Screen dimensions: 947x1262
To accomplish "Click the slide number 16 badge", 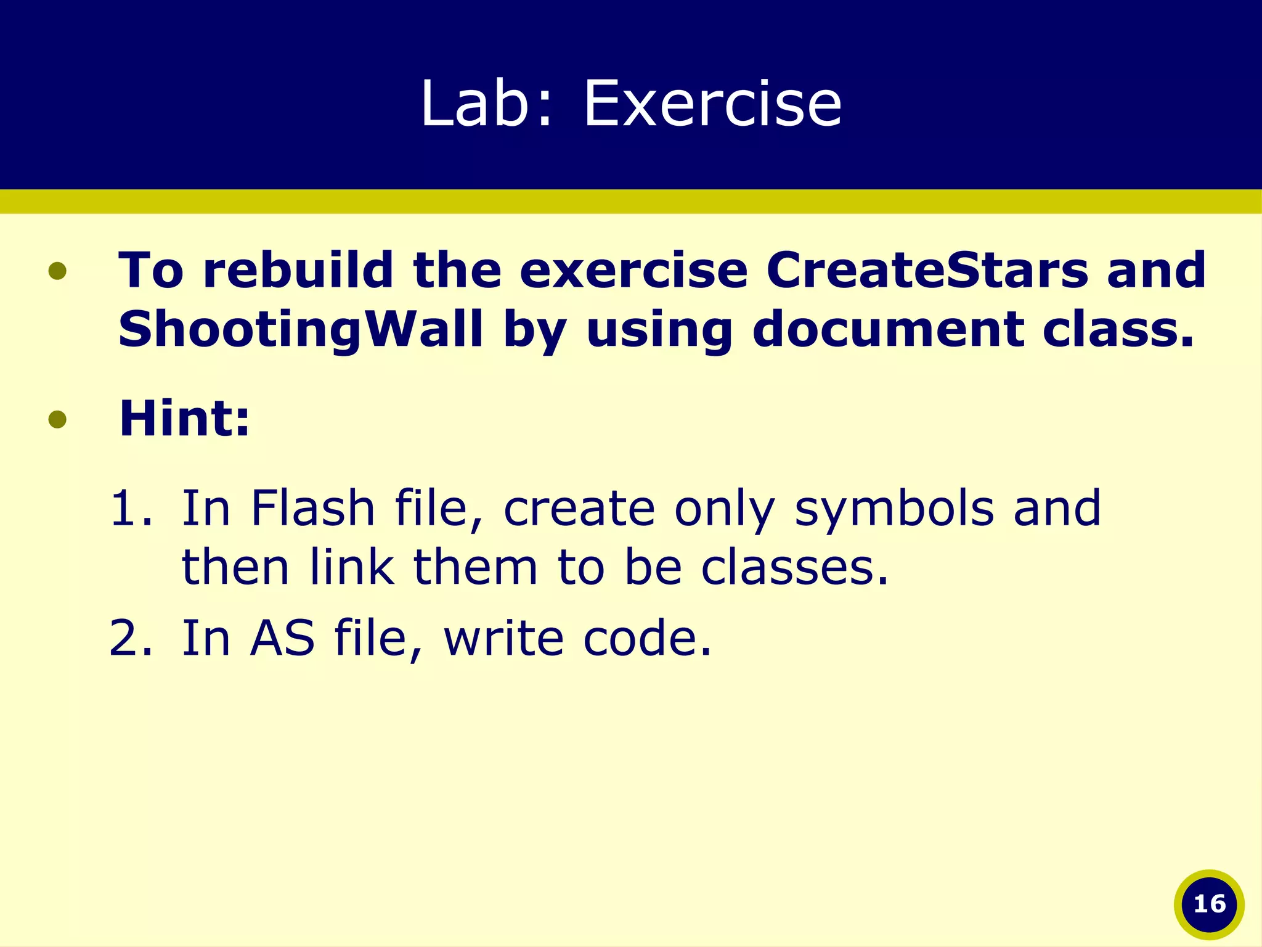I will pyautogui.click(x=1209, y=904).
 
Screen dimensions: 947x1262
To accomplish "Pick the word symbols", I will pyautogui.click(x=894, y=509).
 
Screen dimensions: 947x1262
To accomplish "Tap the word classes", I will pyautogui.click(x=795, y=567).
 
